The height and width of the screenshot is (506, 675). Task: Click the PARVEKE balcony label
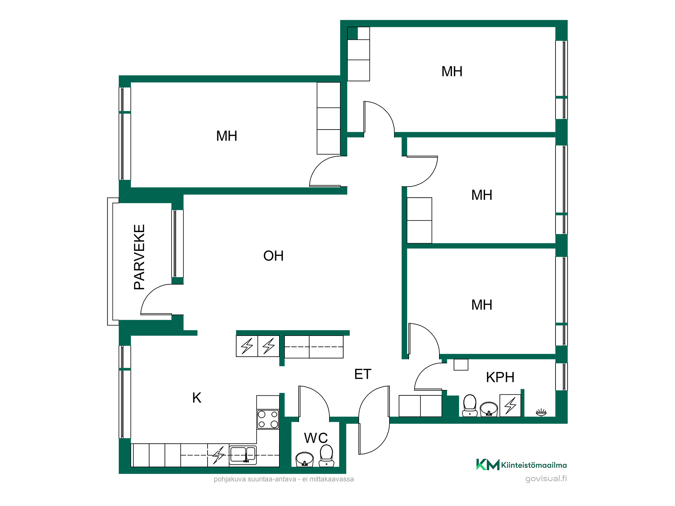click(x=139, y=257)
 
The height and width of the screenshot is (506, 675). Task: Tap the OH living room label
click(x=273, y=256)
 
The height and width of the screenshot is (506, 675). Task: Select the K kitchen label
click(x=197, y=398)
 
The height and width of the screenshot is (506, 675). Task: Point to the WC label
click(x=316, y=438)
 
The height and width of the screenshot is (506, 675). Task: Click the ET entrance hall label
click(x=363, y=374)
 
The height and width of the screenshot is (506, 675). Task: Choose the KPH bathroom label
click(x=500, y=377)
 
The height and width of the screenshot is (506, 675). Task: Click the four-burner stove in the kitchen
click(x=268, y=419)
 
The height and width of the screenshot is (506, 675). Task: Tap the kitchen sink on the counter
click(x=243, y=455)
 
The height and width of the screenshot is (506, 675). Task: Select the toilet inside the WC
click(x=326, y=456)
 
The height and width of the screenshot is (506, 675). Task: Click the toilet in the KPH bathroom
click(x=470, y=405)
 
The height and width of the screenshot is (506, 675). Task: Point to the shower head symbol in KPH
click(x=541, y=412)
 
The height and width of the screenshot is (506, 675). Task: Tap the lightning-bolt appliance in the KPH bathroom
click(x=510, y=405)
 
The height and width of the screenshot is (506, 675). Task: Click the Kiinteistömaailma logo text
click(x=534, y=465)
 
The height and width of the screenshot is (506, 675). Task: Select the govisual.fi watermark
click(x=546, y=479)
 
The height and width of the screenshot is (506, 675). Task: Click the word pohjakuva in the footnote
click(x=230, y=479)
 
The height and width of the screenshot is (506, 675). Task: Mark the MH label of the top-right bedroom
click(x=452, y=72)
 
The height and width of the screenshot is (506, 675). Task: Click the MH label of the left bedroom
click(x=227, y=136)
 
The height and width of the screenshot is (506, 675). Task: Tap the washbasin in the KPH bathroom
click(x=489, y=409)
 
